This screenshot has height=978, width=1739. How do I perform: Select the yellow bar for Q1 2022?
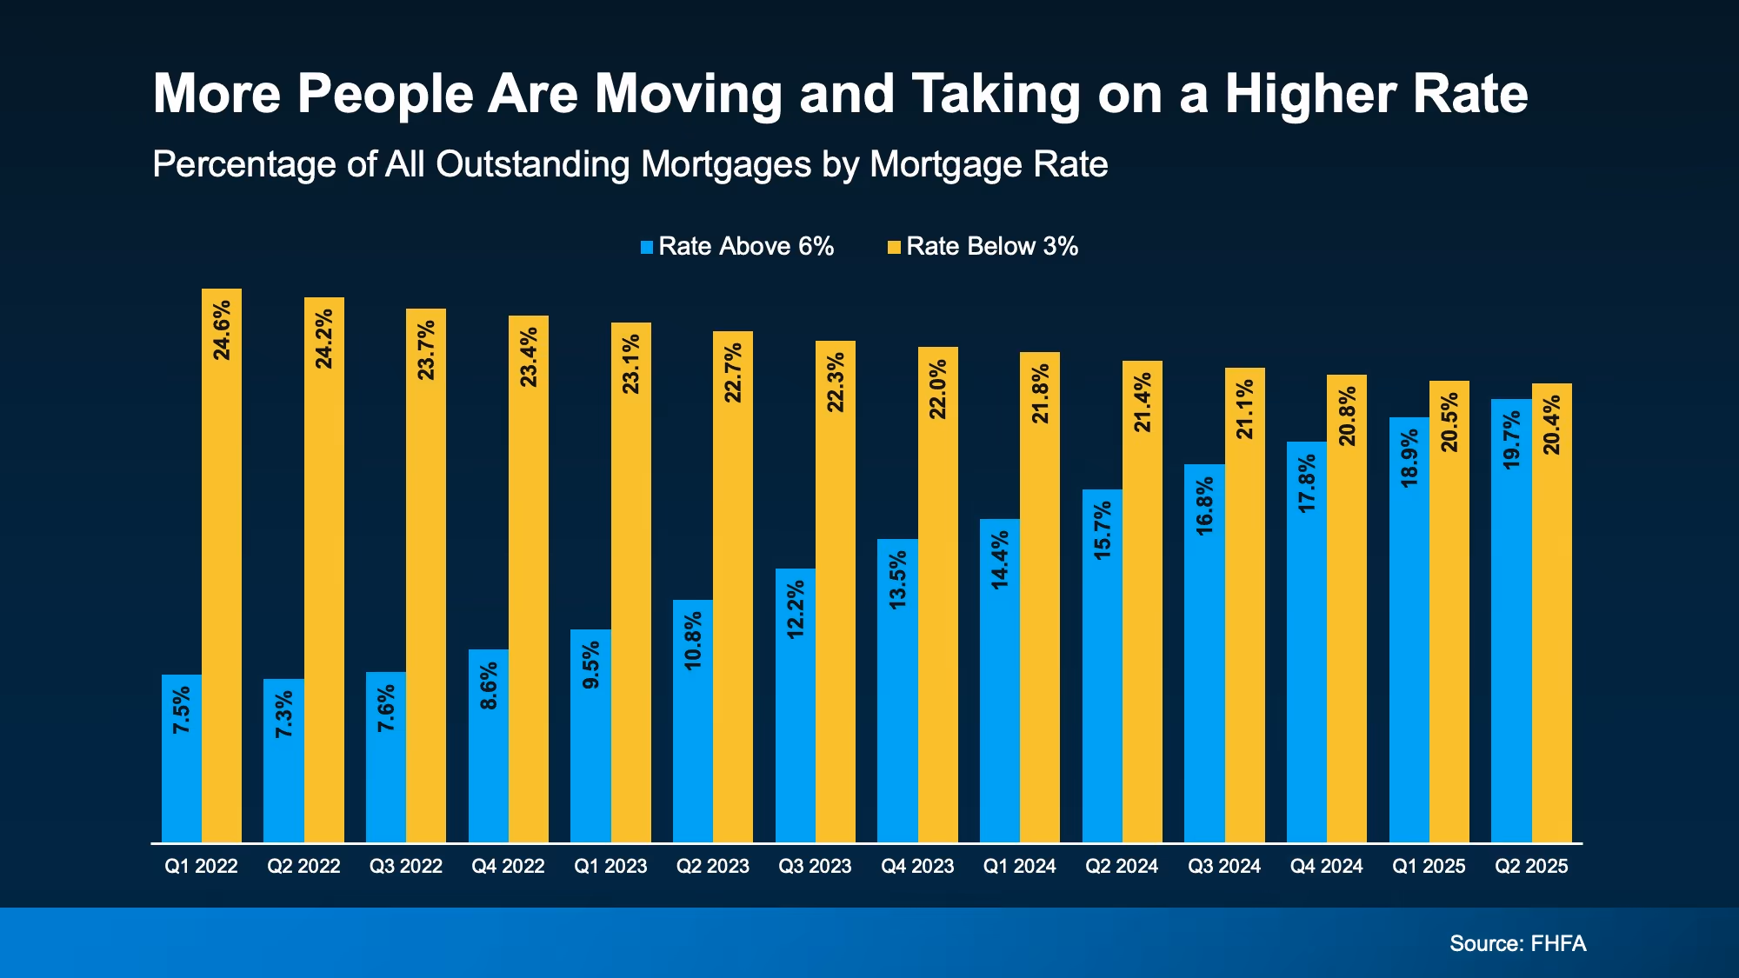[222, 565]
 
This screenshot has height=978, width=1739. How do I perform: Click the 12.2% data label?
[796, 609]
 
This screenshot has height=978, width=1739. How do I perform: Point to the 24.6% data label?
[222, 329]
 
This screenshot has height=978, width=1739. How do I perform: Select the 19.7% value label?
[1511, 440]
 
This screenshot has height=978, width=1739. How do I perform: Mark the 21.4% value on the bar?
[1143, 402]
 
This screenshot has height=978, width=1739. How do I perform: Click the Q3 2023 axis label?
[815, 867]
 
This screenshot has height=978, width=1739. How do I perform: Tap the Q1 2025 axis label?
[1429, 867]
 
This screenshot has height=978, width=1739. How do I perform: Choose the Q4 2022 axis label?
[508, 867]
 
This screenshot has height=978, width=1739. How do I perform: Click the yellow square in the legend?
[893, 248]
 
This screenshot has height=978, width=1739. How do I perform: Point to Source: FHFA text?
[1517, 944]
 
